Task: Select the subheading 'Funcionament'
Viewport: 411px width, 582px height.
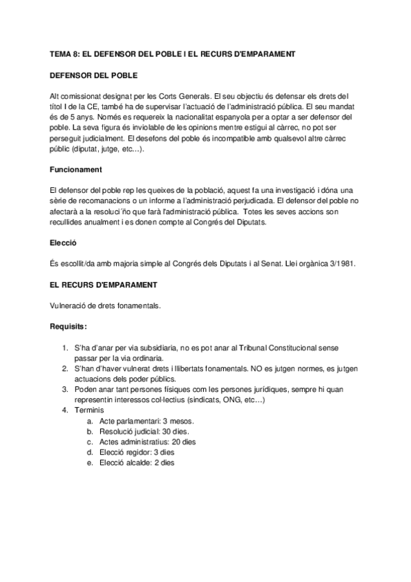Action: (77, 169)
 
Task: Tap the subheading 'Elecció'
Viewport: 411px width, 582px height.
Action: (63, 243)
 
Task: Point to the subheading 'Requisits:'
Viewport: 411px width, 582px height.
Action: (69, 327)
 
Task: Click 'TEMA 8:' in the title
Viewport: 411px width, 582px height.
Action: (67, 54)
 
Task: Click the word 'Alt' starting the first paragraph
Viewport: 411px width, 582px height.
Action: (56, 95)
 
